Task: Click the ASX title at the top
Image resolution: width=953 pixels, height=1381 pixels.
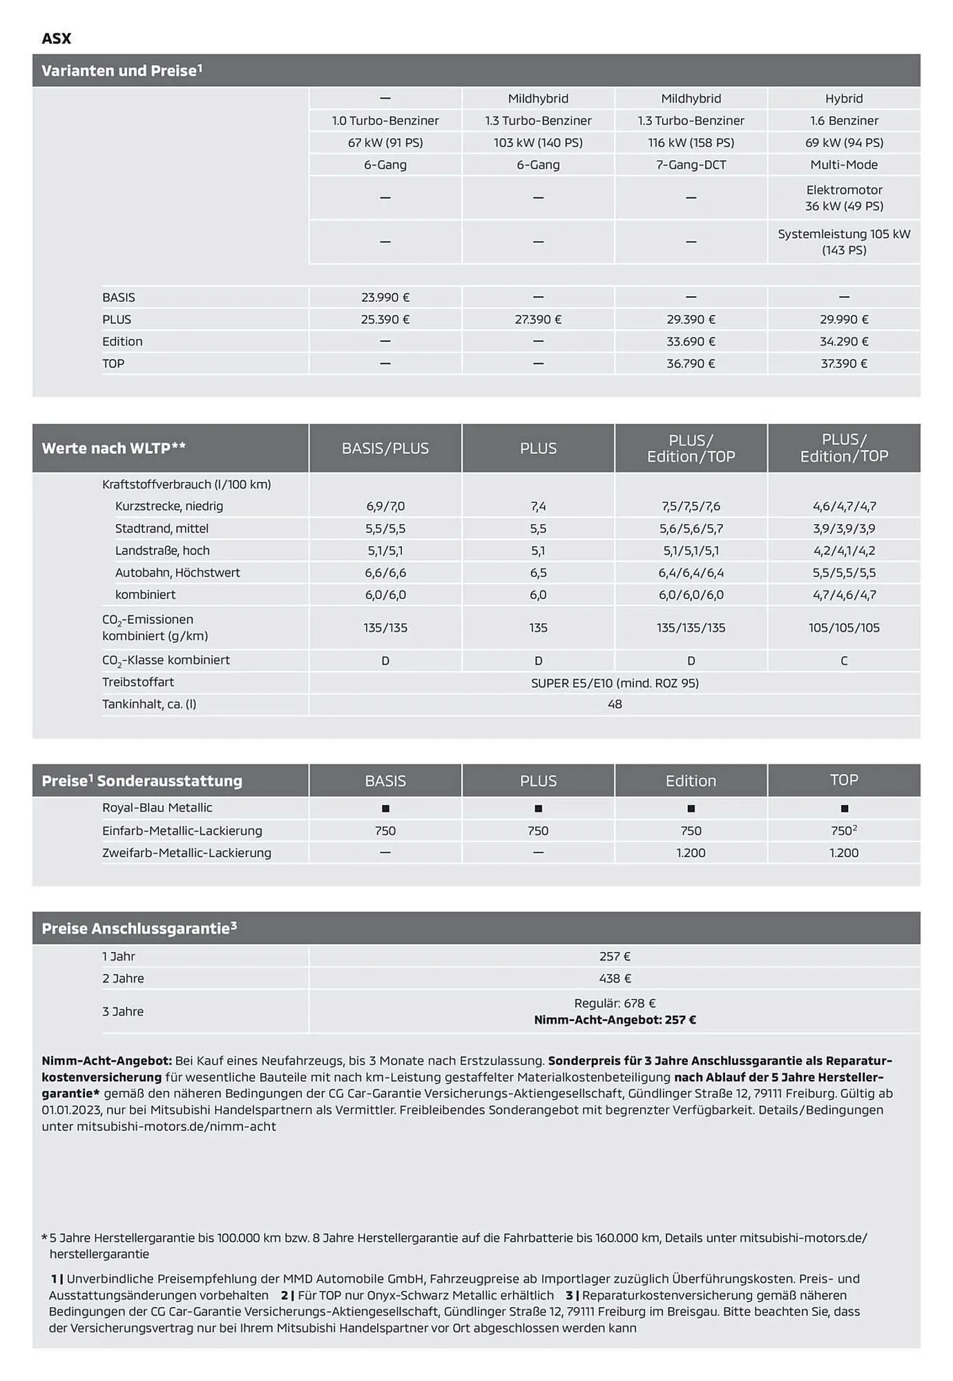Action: pos(56,39)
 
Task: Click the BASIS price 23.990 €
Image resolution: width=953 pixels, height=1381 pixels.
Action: pos(385,298)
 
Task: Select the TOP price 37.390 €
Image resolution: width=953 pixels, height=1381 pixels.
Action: pos(844,364)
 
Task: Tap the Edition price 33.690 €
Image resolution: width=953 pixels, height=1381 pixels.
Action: pos(691,342)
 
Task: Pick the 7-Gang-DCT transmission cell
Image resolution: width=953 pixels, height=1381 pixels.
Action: pos(691,165)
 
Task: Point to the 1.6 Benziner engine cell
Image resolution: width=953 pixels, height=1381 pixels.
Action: pos(844,121)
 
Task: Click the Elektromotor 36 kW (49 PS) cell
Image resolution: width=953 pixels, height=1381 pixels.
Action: pos(844,198)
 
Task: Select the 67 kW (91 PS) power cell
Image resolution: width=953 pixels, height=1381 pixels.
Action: pos(385,143)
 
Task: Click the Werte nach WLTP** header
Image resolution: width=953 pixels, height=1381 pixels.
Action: pos(114,448)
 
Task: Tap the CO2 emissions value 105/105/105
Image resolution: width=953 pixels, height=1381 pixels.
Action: pos(844,628)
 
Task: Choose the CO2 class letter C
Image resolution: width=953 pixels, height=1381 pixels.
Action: pos(844,661)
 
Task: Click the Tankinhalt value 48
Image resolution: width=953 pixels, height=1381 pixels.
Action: pos(615,704)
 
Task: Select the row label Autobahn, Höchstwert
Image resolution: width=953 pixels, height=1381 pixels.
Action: pos(177,572)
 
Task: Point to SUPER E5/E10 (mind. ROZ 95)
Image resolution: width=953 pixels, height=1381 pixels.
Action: pos(615,683)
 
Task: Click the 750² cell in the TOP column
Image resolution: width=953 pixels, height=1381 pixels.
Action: pos(844,831)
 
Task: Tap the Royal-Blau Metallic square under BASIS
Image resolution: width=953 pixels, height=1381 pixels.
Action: pos(385,809)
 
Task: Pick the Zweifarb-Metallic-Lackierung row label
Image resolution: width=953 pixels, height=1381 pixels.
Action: pos(186,853)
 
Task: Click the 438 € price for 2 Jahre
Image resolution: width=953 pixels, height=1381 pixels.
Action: pos(615,978)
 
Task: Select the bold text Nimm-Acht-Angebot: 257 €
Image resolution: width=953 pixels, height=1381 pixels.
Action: pos(615,1020)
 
